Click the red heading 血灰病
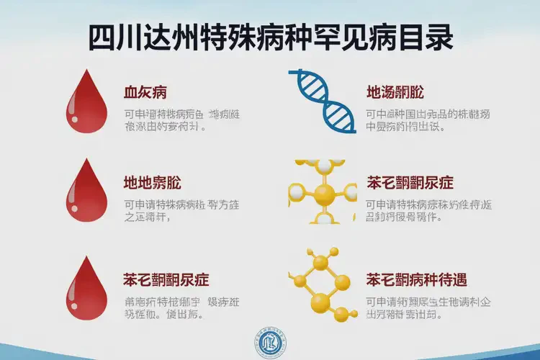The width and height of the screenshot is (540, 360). [x=145, y=92]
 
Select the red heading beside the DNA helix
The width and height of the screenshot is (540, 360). [x=395, y=92]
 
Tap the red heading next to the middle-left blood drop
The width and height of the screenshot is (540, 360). [x=148, y=182]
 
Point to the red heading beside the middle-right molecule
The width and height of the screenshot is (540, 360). [x=410, y=182]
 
